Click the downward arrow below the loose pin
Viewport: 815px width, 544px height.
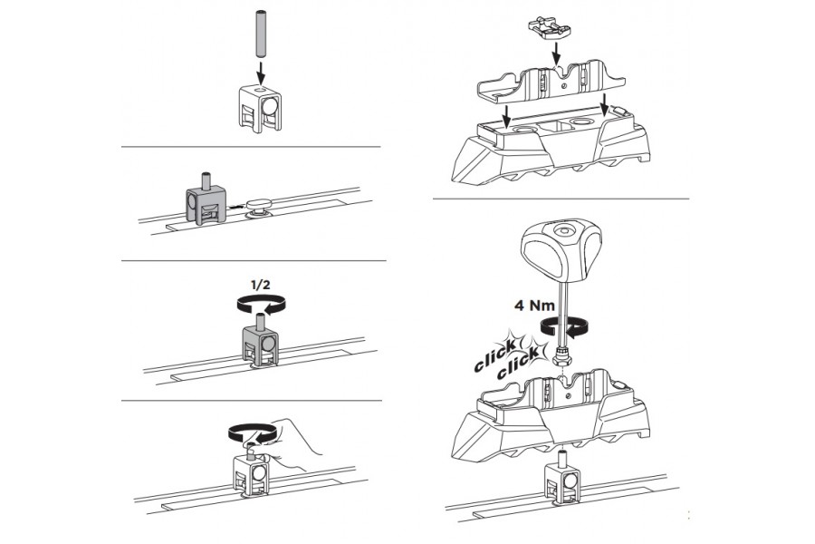coord(261,72)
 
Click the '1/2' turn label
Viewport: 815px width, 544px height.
coord(260,286)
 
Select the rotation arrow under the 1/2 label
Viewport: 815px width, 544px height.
coord(262,304)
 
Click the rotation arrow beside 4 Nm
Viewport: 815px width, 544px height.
coord(564,326)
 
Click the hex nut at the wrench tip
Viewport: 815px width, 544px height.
coord(562,357)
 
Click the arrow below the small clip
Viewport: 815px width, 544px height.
coord(556,54)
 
